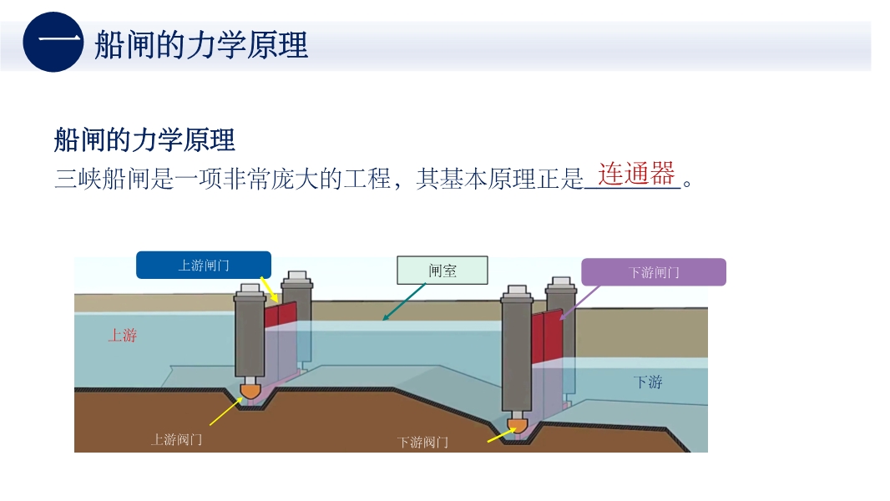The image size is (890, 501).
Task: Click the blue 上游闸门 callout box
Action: (204, 266)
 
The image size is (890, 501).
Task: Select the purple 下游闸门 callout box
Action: (653, 272)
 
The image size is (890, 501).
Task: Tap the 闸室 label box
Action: (442, 270)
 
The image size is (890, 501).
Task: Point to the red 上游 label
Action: (122, 336)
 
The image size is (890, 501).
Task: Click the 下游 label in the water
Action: (647, 382)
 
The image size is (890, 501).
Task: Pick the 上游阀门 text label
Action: (175, 439)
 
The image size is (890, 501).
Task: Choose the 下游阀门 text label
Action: (422, 442)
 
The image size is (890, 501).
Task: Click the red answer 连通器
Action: (635, 174)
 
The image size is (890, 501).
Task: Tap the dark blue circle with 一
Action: (53, 43)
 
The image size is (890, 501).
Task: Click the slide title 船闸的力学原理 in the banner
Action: (201, 44)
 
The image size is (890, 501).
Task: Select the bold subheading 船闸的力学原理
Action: (144, 139)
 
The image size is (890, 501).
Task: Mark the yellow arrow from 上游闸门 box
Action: (268, 289)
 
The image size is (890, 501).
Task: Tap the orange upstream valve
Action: (250, 390)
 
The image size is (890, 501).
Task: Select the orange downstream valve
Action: (518, 426)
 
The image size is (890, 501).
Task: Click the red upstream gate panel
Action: (281, 316)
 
